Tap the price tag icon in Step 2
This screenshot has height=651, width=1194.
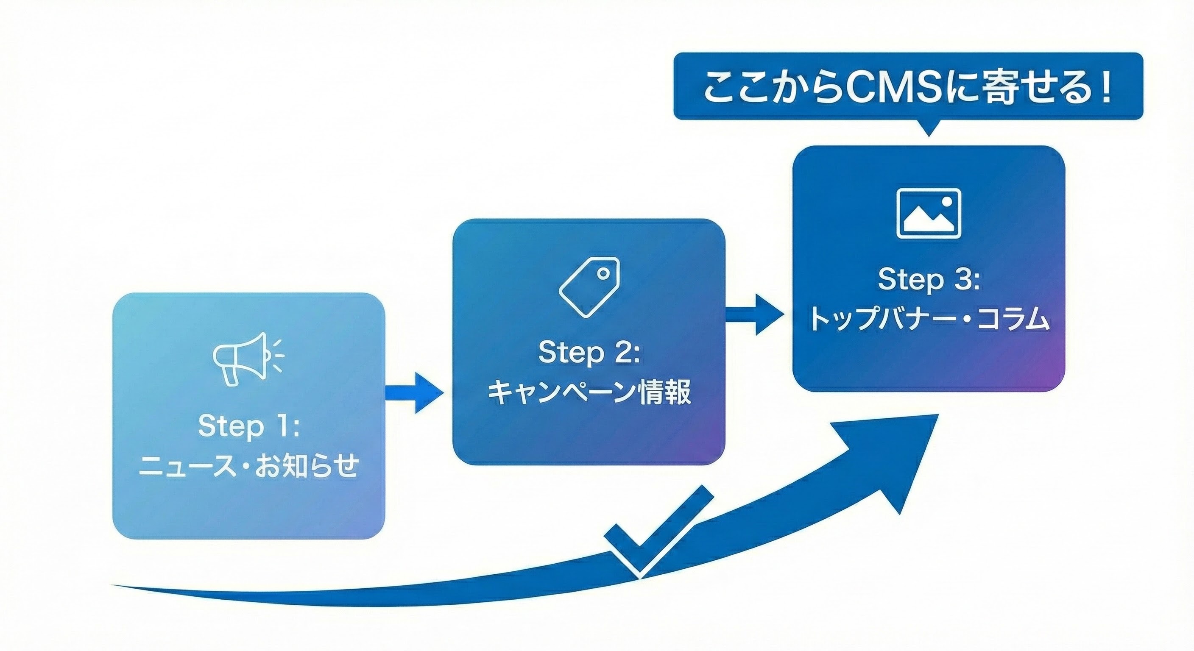pos(589,287)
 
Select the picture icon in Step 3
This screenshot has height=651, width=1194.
pos(929,213)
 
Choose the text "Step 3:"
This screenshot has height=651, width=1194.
pos(929,280)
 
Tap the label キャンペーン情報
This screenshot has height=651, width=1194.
pos(589,392)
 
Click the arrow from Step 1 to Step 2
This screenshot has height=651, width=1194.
pos(414,393)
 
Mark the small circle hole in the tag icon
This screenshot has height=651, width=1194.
pos(603,274)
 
